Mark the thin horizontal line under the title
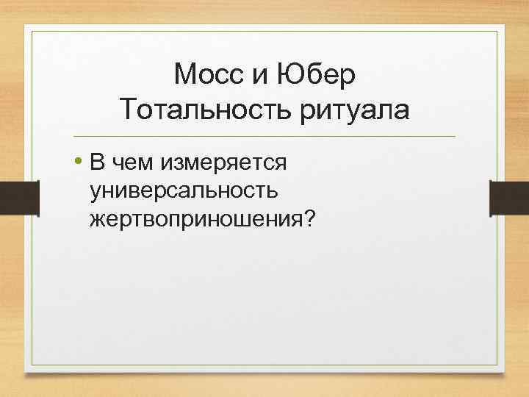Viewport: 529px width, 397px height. [x=264, y=137]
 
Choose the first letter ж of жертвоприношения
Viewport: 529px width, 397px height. [x=97, y=220]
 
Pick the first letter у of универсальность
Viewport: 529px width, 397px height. [x=96, y=192]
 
